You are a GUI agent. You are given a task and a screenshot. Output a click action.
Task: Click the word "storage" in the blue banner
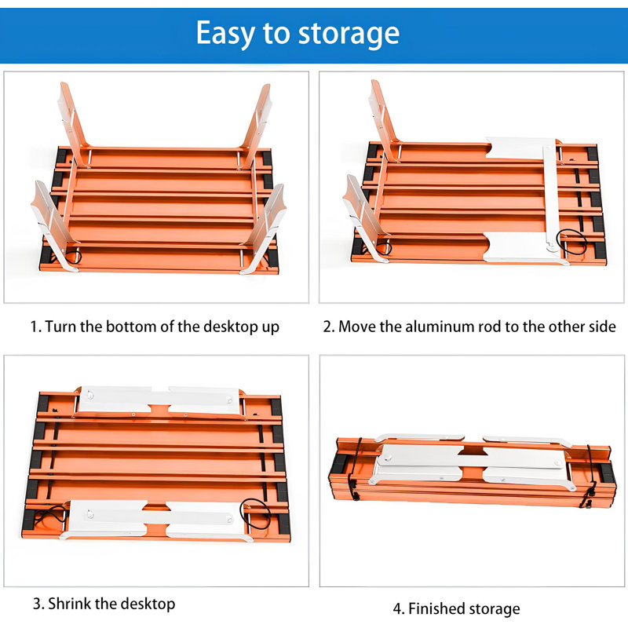click(349, 34)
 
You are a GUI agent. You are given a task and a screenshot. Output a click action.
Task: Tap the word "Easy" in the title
click(225, 34)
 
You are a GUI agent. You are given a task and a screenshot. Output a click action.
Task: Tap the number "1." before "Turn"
click(36, 327)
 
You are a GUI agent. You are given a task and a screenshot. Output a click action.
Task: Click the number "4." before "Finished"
click(399, 609)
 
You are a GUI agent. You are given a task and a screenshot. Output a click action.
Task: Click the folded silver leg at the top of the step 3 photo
click(160, 401)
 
